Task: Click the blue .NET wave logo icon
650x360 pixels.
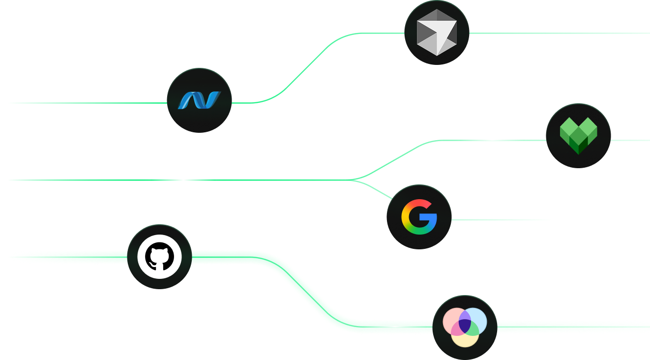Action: [199, 100]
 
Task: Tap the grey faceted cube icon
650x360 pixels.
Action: [437, 33]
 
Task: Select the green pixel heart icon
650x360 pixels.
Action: [578, 136]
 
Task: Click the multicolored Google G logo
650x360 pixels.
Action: [419, 217]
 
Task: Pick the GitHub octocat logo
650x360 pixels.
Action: [159, 257]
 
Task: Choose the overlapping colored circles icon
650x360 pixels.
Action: [465, 327]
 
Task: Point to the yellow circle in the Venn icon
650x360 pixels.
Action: [465, 338]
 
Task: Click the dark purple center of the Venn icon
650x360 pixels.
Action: [465, 325]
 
